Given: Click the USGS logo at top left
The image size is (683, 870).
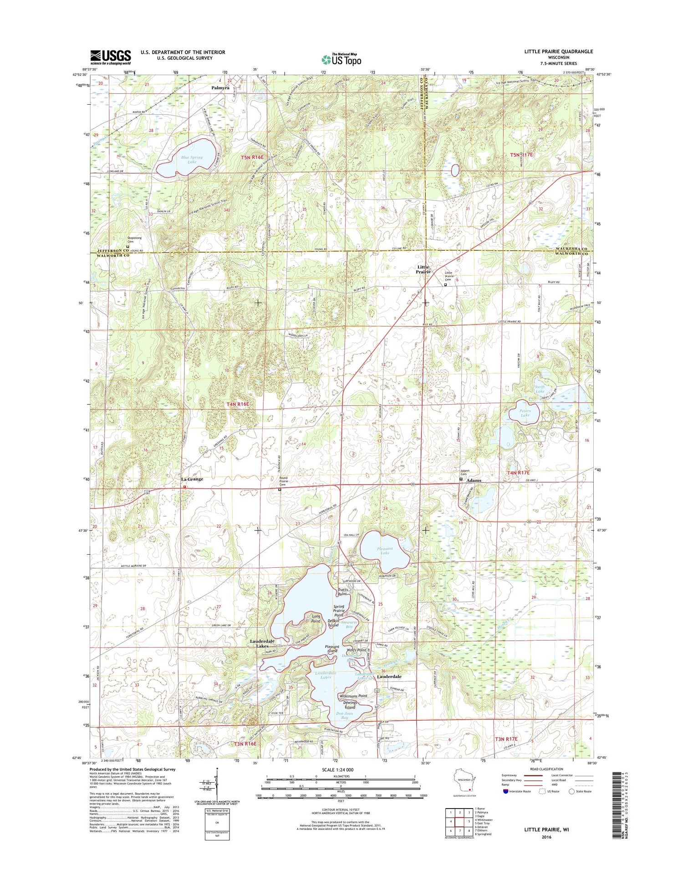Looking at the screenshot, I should (111, 57).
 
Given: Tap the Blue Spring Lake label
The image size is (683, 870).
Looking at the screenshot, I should (192, 160).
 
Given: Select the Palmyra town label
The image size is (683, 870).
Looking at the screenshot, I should (220, 87).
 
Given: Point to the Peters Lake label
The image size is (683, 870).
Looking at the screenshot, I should (525, 413).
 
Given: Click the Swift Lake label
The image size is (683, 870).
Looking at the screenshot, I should (540, 389).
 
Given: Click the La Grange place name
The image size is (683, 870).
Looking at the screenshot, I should (192, 479).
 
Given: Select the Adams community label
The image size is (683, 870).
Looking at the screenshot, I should (474, 481).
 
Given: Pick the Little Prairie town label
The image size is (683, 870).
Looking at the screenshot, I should (423, 269).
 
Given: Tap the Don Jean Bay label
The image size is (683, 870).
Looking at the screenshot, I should (344, 715).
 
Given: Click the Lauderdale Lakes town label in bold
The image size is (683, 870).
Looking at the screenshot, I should (262, 643).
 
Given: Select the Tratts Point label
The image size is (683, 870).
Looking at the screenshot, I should (342, 592).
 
